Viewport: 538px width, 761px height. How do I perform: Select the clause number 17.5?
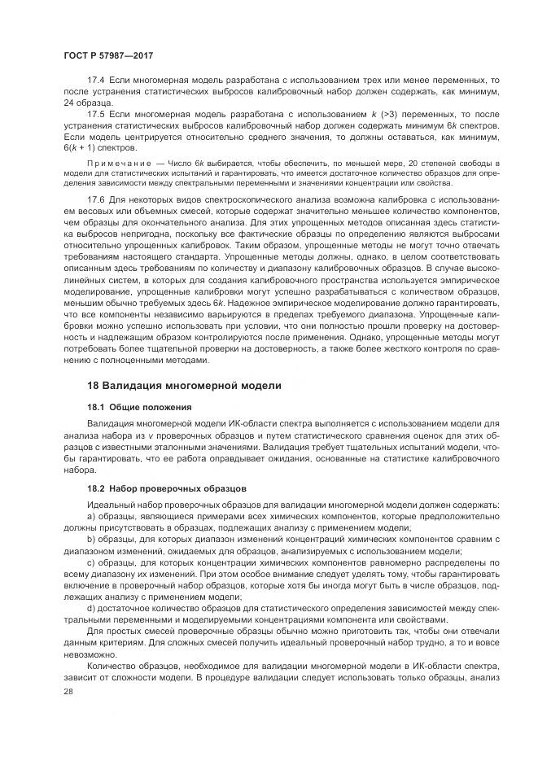pyautogui.click(x=96, y=118)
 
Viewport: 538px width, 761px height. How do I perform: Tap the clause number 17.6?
pyautogui.click(x=96, y=198)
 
